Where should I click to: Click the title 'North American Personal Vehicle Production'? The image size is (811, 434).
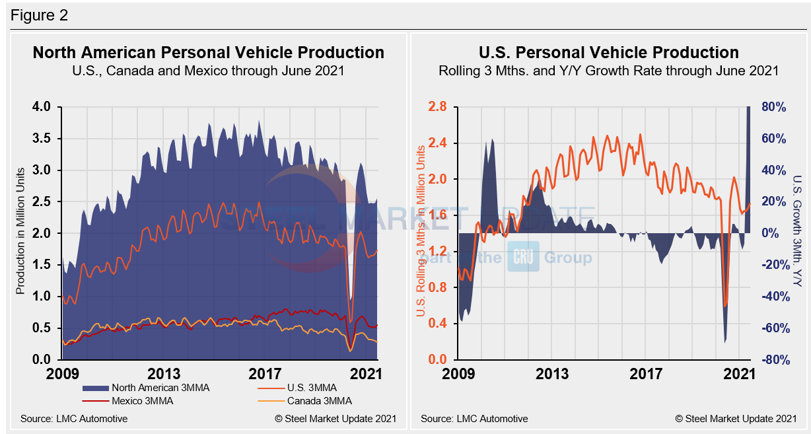[208, 52]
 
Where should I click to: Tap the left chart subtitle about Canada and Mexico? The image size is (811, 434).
[208, 71]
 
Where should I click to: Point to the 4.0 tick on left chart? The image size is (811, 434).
[42, 107]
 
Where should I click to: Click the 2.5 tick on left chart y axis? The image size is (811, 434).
[42, 202]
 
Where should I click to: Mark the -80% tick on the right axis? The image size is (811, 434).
[771, 360]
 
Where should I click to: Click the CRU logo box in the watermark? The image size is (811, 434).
[523, 257]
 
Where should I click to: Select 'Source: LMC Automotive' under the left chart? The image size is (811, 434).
[74, 418]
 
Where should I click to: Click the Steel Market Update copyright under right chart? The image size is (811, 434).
[736, 418]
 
